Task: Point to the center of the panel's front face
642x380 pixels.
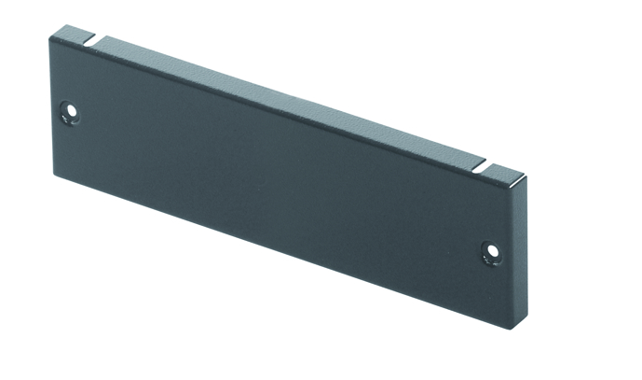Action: (280, 177)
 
